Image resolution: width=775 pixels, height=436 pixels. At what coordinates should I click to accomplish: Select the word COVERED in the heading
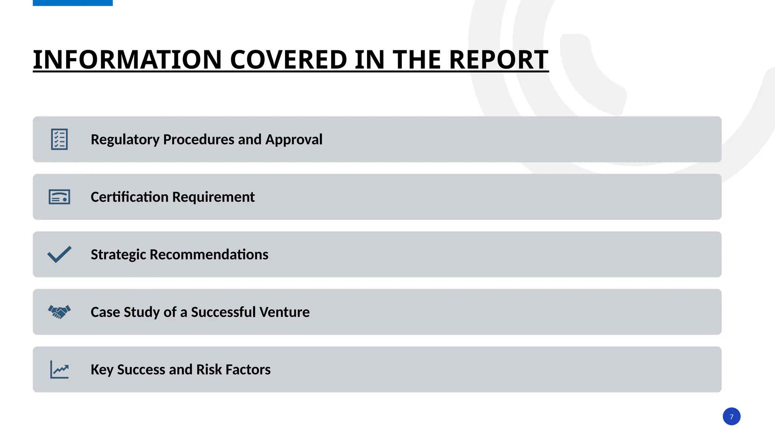(x=288, y=59)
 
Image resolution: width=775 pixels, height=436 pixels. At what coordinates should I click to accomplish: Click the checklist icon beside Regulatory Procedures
(x=59, y=139)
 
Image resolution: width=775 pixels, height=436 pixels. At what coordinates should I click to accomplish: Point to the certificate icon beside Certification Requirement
(x=59, y=197)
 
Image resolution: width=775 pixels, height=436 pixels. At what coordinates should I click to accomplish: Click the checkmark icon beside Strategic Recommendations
(x=59, y=254)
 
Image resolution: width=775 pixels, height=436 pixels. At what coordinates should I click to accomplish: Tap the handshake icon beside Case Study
(x=59, y=312)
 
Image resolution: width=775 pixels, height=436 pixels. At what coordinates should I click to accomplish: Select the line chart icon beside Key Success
(x=59, y=369)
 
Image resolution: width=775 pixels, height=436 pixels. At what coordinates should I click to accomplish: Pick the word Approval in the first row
(x=294, y=140)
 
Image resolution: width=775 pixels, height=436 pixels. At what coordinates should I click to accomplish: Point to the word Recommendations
(x=209, y=255)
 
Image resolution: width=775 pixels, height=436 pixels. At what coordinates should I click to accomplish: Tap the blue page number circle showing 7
(x=731, y=416)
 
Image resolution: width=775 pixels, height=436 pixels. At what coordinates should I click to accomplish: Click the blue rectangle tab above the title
(x=73, y=3)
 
